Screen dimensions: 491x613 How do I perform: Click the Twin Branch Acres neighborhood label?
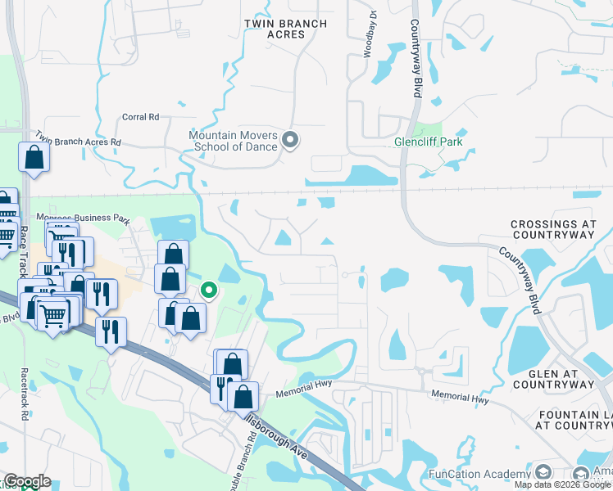pos(285,29)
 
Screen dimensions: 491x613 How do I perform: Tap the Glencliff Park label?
pos(428,142)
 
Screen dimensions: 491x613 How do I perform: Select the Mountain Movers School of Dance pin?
pos(290,141)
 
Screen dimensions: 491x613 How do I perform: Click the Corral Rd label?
pos(140,117)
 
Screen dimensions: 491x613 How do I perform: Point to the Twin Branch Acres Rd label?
pos(77,141)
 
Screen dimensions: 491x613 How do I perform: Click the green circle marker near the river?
pos(209,289)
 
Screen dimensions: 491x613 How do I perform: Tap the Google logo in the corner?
pos(26,481)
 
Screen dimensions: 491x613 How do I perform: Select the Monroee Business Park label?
pos(84,219)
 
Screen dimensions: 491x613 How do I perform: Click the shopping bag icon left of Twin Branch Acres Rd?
pos(34,157)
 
